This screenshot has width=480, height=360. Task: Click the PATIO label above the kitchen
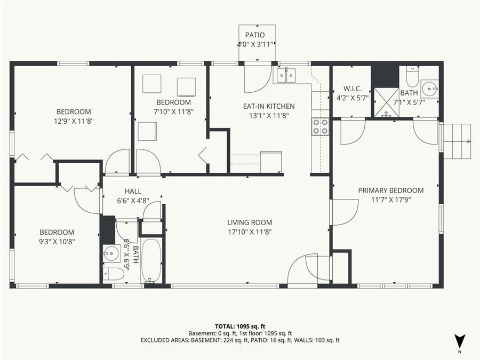click(254, 35)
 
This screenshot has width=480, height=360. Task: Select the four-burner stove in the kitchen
click(320, 126)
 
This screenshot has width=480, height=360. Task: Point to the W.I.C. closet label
click(351, 88)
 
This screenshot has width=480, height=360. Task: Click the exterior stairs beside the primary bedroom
click(457, 139)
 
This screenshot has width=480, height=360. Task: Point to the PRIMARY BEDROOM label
click(390, 190)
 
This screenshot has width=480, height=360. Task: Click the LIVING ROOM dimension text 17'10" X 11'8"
click(250, 232)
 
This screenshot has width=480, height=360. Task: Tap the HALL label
click(133, 191)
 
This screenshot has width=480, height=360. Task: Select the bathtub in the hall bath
click(151, 260)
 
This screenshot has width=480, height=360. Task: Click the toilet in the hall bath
click(114, 274)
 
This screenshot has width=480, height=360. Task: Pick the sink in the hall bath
click(111, 253)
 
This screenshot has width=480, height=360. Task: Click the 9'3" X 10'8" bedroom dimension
click(56, 242)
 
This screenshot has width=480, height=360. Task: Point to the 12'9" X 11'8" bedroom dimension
click(73, 121)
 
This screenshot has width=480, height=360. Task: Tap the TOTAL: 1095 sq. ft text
click(239, 325)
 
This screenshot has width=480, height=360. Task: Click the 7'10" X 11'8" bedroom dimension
click(173, 111)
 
